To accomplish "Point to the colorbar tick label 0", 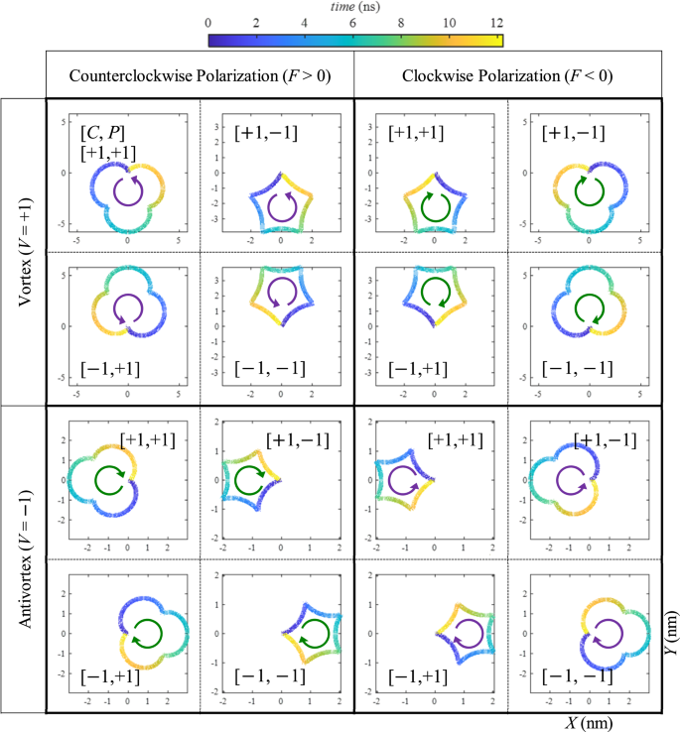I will tap(208, 21).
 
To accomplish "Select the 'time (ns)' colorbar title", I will tap(355, 7).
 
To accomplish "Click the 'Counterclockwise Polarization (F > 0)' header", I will tap(199, 75).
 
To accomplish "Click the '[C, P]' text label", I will tap(102, 132).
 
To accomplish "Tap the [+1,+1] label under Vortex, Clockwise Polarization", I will tap(417, 132).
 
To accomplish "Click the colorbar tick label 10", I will tap(449, 21).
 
